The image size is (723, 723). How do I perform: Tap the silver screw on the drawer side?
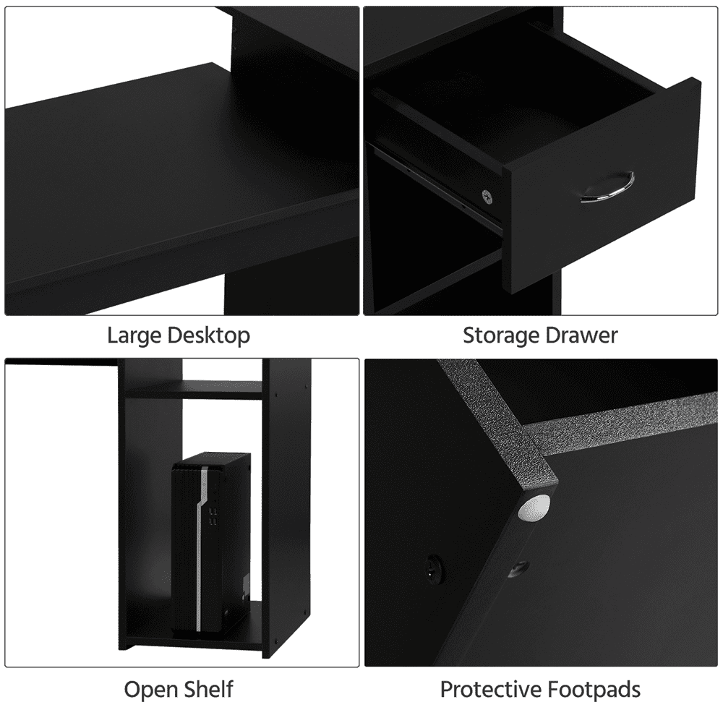(487, 194)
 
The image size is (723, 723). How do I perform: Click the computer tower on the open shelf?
(211, 542)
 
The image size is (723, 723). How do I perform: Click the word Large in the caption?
(134, 335)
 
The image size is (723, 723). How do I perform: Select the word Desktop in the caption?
(209, 335)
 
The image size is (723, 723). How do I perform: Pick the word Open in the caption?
(149, 689)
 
